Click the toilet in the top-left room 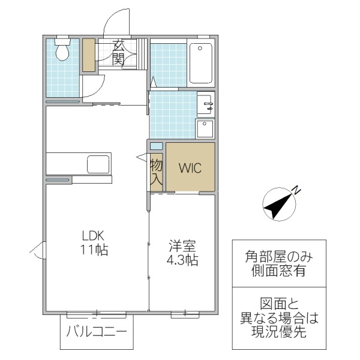click(61, 50)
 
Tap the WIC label click(190, 167)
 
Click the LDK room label click(95, 235)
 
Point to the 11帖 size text click(95, 251)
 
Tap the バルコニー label click(96, 331)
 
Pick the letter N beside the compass click(296, 191)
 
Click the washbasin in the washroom click(205, 106)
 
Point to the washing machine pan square click(205, 129)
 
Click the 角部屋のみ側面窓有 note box click(279, 263)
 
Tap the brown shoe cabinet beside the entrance click(89, 56)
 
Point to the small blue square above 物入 click(156, 146)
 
